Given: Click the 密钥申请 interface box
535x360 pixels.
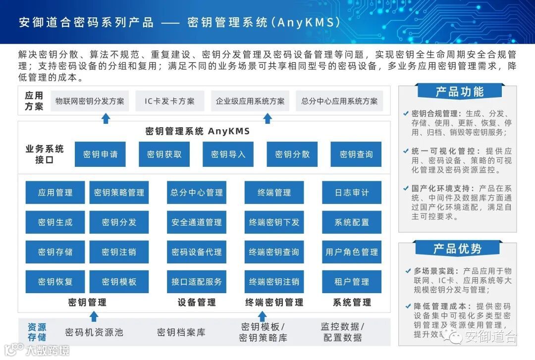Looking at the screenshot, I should [101, 154].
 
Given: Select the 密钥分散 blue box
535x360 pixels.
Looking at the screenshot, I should [292, 154].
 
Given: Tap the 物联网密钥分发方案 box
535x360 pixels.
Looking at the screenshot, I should [90, 101].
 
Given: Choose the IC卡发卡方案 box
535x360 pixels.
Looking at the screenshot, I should [170, 101].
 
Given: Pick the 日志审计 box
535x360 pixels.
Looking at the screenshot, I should [352, 193].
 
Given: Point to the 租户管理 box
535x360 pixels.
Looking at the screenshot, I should [352, 282].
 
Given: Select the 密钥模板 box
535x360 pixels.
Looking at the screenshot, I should [119, 282].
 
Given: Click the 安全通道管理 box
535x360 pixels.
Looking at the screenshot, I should [197, 222].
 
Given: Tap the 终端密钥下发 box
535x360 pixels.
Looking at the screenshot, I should [274, 222].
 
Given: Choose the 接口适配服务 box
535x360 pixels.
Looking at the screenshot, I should [197, 282].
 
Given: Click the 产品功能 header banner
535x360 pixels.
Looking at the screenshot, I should [459, 92].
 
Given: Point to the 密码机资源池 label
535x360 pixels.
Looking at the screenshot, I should [94, 332].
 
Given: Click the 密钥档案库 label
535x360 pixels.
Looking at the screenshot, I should [181, 332].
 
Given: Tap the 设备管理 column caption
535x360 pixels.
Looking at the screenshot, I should [197, 302].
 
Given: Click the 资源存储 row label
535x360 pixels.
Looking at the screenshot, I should [36, 332].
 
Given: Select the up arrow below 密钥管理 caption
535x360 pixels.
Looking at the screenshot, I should [94, 316].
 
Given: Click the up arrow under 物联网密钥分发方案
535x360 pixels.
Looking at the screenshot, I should [106, 118].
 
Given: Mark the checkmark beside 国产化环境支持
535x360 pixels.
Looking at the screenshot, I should [406, 189].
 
